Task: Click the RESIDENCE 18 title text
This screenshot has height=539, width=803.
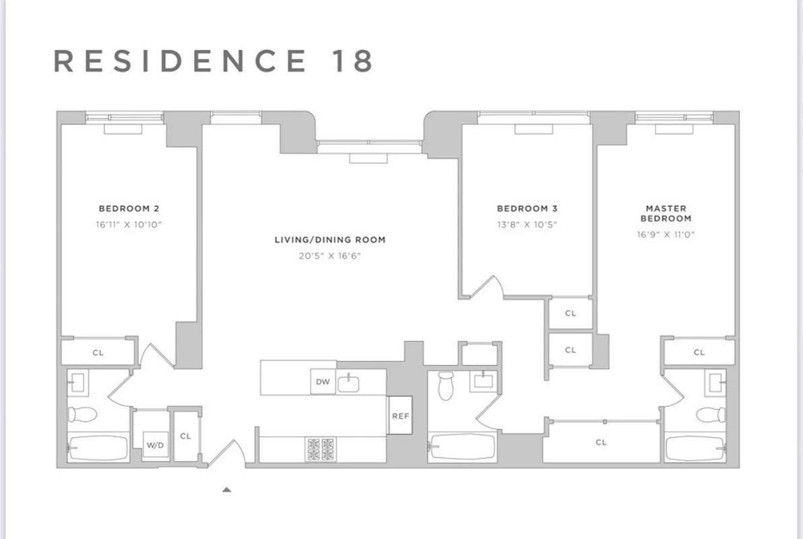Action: point(213,61)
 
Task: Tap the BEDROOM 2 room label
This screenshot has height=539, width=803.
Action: point(129,209)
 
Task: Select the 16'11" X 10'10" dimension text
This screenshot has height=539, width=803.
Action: point(129,224)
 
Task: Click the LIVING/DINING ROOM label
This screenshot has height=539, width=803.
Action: point(330,240)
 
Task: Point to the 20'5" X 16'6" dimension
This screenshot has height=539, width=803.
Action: point(330,256)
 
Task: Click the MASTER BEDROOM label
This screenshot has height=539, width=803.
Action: point(666,214)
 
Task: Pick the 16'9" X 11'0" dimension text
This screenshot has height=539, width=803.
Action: point(666,234)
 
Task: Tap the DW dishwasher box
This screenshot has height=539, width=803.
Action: point(323,382)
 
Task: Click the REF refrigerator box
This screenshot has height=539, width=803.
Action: point(400,416)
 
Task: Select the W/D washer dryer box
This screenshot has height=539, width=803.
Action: point(155,445)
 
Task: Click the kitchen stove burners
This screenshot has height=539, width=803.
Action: point(321,449)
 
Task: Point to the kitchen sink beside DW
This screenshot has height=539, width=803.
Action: point(348,383)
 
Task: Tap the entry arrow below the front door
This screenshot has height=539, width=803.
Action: point(227,490)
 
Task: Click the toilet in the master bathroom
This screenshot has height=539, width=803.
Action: point(711,414)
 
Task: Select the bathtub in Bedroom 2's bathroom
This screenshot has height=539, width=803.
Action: point(98,447)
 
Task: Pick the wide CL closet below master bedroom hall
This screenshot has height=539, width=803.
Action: point(601,442)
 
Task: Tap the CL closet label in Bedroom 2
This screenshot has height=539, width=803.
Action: point(98,352)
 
